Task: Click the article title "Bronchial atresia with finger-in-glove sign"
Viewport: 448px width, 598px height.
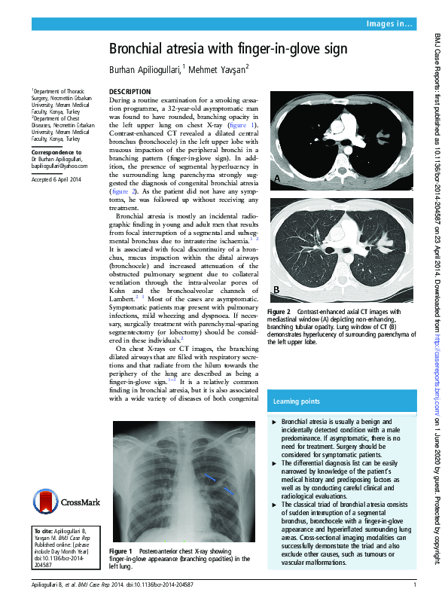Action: [x=227, y=50]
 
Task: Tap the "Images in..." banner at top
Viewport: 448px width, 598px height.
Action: [x=389, y=24]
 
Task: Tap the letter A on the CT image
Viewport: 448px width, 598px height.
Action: [x=277, y=178]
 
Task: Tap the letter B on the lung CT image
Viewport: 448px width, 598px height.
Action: [x=276, y=291]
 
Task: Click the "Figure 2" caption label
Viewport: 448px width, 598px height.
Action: [x=279, y=312]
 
